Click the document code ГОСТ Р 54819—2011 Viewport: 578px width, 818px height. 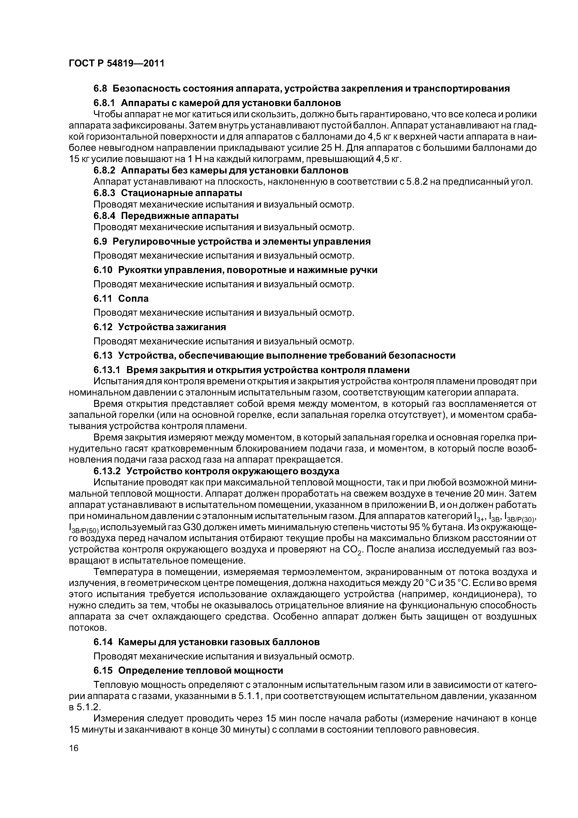[x=117, y=63]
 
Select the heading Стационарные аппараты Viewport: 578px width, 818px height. [x=181, y=193]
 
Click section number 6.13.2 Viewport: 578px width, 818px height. [x=107, y=471]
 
